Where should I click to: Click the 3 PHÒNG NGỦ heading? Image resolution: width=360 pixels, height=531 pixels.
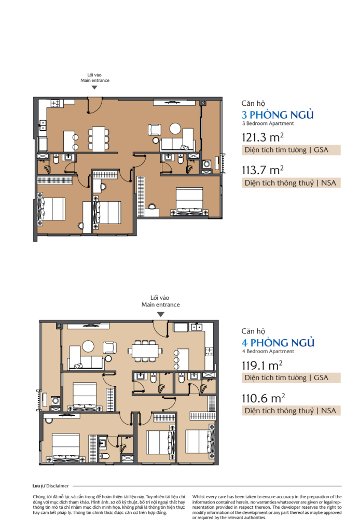278,115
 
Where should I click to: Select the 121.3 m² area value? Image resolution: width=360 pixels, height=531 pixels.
262,137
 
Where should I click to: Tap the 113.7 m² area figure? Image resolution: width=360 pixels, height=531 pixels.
262,170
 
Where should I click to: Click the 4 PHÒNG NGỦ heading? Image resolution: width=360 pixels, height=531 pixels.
278,342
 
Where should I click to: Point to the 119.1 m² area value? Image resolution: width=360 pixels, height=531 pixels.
262,365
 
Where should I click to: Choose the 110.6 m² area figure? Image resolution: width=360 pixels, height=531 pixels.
263,398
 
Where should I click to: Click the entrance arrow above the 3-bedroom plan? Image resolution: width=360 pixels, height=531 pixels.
94,87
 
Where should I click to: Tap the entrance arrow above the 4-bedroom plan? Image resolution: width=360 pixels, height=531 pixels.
161,314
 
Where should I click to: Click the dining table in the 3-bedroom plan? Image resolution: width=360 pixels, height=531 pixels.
99,139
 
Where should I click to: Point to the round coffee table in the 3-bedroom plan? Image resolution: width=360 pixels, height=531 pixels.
175,129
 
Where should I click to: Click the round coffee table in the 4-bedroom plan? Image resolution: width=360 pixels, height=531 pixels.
89,346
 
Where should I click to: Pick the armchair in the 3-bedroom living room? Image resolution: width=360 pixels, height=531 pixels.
155,130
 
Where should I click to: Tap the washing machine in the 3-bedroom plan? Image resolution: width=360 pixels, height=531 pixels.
206,164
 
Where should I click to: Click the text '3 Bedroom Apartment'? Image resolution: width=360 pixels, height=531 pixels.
268,123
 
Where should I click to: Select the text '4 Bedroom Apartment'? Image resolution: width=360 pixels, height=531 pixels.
268,352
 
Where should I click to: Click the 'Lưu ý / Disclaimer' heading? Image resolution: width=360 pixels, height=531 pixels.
50,486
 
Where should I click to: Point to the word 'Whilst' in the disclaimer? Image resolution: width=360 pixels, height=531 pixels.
198,497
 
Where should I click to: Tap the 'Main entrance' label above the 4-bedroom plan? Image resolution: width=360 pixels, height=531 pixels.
160,304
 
